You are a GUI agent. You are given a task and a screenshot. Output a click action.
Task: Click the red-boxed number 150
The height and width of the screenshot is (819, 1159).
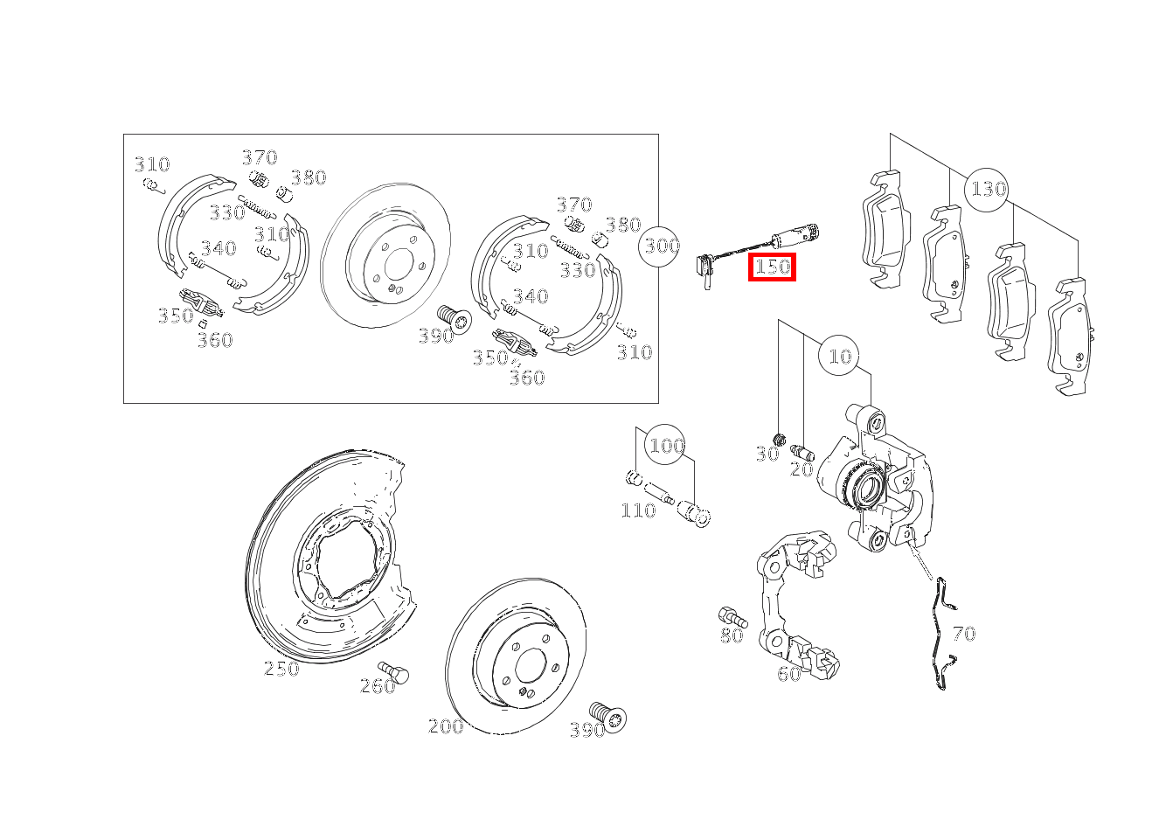[x=773, y=267]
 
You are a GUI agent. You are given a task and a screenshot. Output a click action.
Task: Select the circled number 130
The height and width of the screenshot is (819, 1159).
[x=988, y=189]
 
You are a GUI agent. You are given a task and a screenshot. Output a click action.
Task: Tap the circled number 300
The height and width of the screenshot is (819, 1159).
[x=662, y=246]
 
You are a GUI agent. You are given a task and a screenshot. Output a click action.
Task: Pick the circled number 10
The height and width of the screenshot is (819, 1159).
[x=839, y=356]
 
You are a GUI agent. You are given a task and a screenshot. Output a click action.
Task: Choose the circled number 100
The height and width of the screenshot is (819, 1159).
[x=666, y=446]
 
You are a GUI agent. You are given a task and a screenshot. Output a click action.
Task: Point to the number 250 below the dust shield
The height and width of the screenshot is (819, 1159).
[x=281, y=669]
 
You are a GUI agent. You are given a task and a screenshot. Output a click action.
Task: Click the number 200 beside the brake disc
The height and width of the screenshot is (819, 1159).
[x=446, y=726]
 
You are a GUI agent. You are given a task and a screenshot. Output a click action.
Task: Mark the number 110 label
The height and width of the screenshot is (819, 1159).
[x=638, y=510]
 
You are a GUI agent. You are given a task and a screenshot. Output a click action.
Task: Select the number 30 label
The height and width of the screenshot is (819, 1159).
[x=767, y=455]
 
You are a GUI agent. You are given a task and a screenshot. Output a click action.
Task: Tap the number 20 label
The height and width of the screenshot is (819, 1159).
[x=802, y=469]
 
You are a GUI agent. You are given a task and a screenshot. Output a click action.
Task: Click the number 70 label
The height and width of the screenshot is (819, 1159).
[x=963, y=634]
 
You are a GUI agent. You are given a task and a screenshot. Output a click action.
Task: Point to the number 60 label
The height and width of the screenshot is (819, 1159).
[x=788, y=674]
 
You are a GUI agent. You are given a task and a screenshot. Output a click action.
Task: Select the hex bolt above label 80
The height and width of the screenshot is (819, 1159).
[x=731, y=615]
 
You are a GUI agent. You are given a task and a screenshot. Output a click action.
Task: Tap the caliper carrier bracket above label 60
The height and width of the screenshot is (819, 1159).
[x=791, y=603]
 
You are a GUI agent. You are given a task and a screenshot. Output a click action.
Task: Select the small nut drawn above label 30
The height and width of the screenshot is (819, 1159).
[x=781, y=438]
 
